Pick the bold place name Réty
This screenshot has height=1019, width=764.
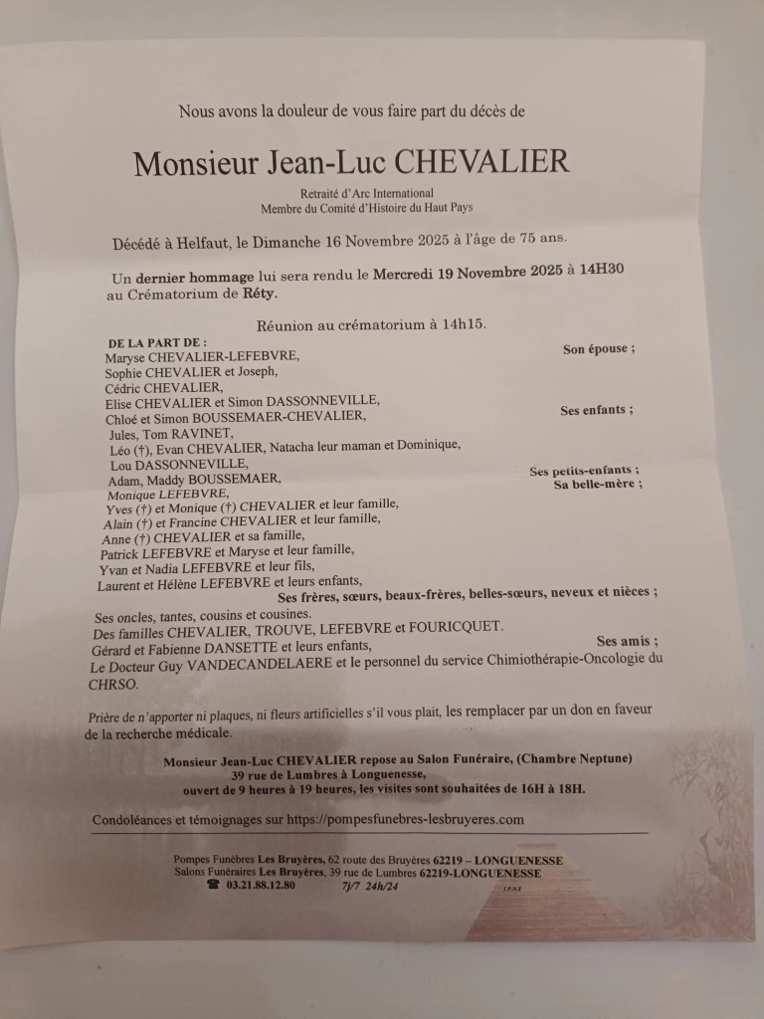point(258,294)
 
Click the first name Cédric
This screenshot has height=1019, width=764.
point(127,387)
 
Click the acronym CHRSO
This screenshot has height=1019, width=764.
point(111,685)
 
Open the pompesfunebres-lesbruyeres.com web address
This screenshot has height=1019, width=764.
point(405,819)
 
